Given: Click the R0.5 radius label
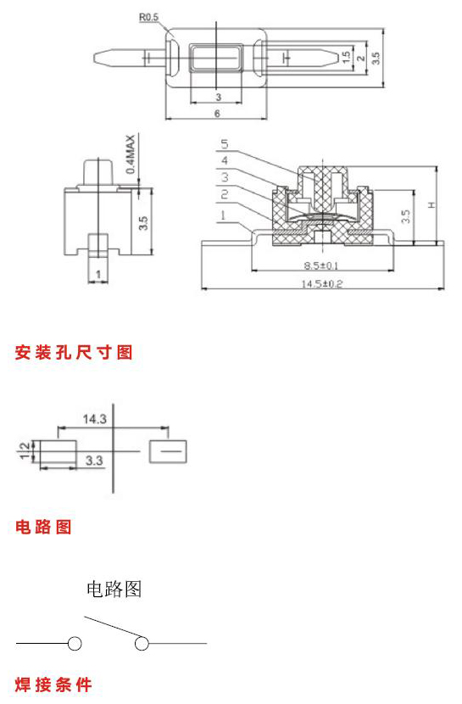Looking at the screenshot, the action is click(x=148, y=18).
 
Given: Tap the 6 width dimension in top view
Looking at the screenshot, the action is click(x=217, y=113).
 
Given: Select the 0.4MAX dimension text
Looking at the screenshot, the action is click(x=130, y=154).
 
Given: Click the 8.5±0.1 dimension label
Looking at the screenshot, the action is click(x=321, y=265).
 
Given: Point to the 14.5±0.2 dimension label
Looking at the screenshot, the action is click(x=321, y=284).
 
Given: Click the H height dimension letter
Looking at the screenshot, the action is click(x=431, y=205).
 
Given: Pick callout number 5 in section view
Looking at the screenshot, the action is click(x=225, y=143).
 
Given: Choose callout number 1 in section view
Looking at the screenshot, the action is click(x=223, y=215).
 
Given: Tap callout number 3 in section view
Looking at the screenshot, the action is click(x=225, y=177).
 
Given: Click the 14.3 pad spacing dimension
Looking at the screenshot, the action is click(x=95, y=419).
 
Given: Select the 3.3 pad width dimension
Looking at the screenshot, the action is click(x=94, y=461).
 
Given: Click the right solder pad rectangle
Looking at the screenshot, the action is click(x=168, y=451).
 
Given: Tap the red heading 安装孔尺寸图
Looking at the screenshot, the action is click(x=74, y=353).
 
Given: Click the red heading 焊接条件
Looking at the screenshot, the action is click(x=53, y=684).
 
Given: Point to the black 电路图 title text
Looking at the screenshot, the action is click(x=114, y=589).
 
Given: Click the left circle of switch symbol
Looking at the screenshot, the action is click(x=75, y=644).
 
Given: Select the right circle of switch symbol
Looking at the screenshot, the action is click(x=142, y=644).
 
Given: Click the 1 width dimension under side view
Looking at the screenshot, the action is click(x=98, y=274).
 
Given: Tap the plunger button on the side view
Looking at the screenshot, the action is click(x=98, y=171).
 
